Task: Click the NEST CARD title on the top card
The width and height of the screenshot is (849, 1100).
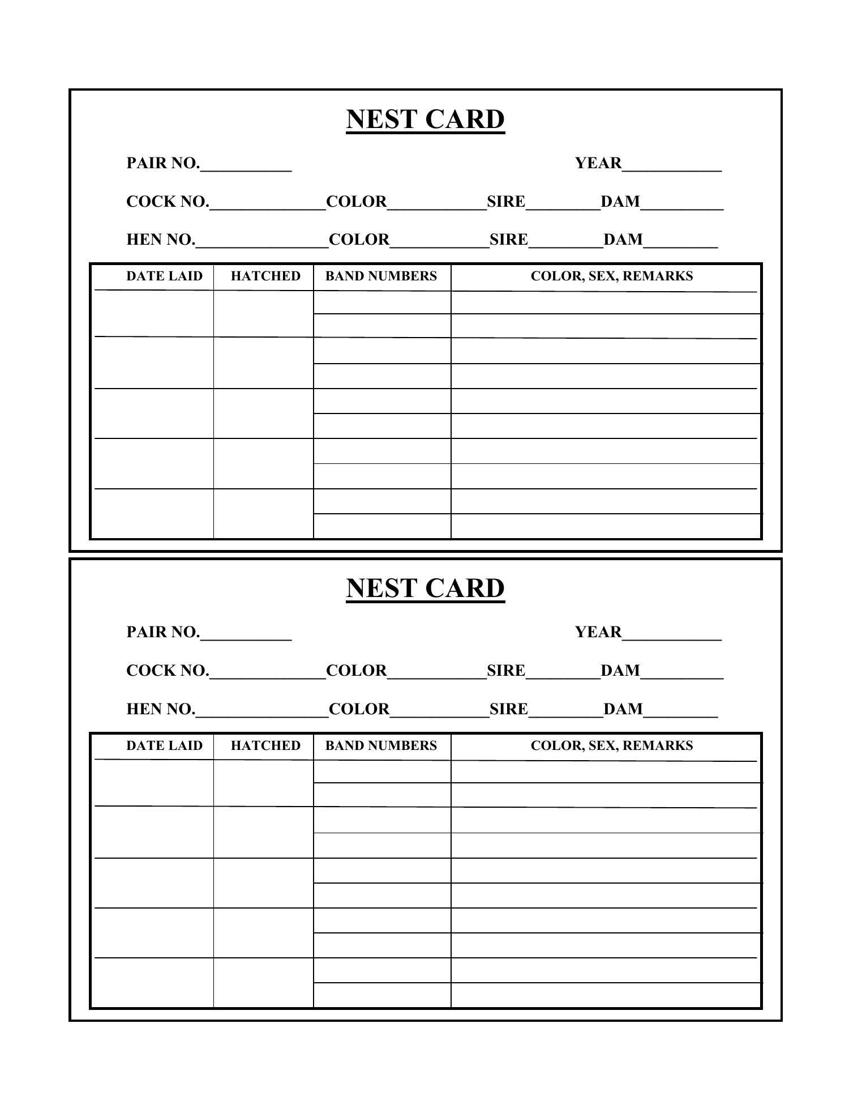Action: coord(425,120)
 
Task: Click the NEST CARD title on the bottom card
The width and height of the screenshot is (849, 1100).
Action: coord(425,588)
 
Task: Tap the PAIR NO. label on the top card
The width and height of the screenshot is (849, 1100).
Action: coord(163,163)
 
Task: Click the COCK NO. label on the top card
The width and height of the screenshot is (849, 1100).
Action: coord(168,202)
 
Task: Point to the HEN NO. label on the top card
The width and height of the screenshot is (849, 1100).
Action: coord(161,240)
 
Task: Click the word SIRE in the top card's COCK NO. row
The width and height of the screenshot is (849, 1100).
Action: coord(506,202)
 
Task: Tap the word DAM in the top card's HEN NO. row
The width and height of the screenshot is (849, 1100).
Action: coord(623,240)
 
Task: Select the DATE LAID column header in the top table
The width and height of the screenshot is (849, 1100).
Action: coord(164,276)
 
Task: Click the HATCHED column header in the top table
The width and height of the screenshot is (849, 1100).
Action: coord(265,276)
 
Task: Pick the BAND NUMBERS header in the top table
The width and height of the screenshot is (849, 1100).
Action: coord(381,276)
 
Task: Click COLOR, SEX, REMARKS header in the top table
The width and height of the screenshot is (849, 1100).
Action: coord(611,276)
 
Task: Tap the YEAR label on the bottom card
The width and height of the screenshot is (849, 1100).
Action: coord(598,632)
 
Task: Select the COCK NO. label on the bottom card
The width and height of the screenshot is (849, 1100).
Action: coord(168,671)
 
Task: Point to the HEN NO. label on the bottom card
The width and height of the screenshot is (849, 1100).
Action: coord(161,709)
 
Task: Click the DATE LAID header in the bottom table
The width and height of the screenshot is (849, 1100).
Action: coord(164,745)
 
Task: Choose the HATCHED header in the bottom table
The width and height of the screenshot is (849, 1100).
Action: coord(265,745)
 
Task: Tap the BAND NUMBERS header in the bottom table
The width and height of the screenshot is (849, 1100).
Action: coord(381,745)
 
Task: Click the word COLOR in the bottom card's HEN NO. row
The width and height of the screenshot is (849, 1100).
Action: coord(359,709)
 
